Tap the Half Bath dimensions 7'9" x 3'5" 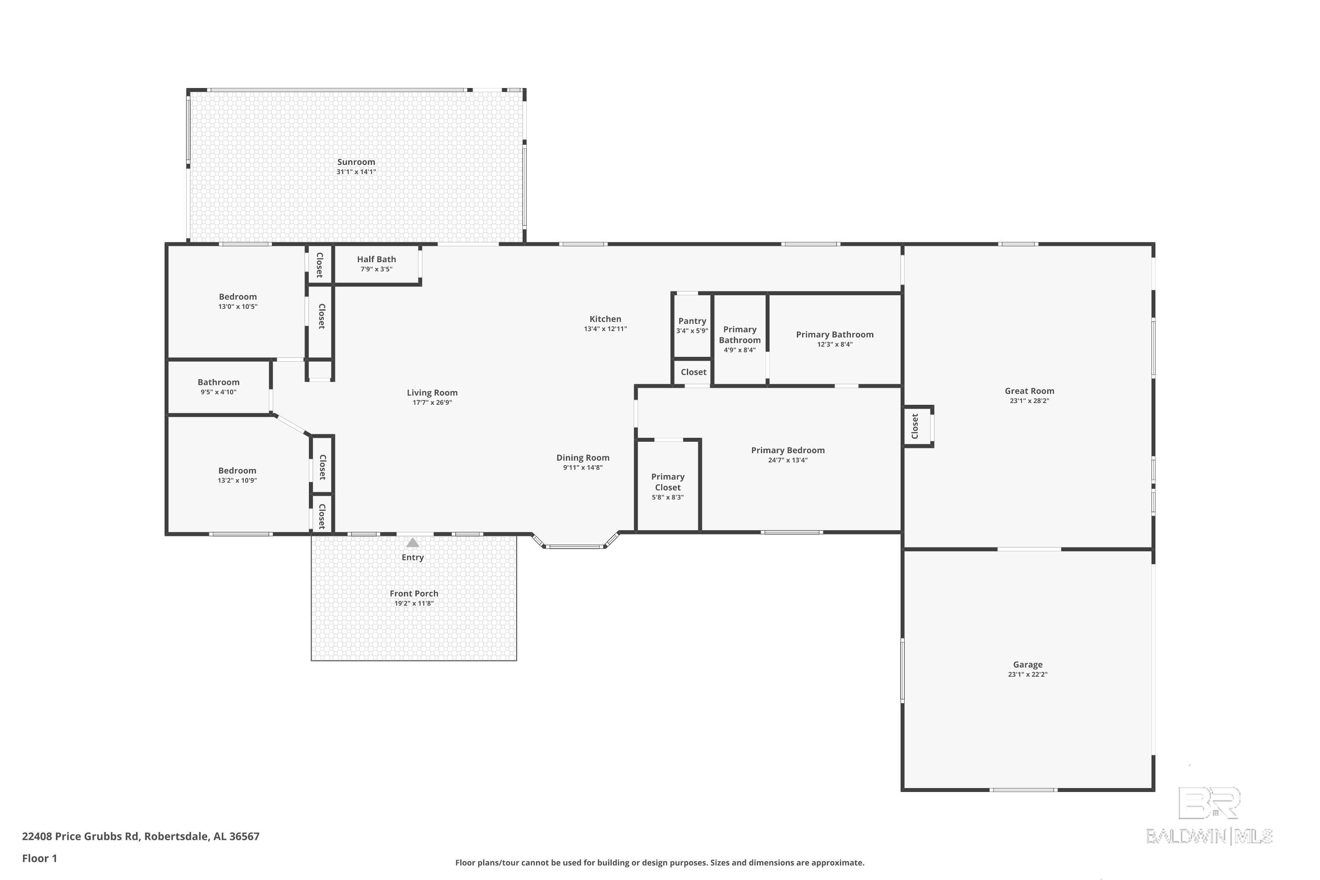pyautogui.click(x=376, y=269)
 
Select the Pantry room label pyautogui.click(x=692, y=321)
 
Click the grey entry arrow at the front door pyautogui.click(x=413, y=542)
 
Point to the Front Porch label pyautogui.click(x=414, y=593)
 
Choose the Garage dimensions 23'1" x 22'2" pyautogui.click(x=1027, y=675)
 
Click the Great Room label pyautogui.click(x=1029, y=391)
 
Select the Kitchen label pyautogui.click(x=605, y=319)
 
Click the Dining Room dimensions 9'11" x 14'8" pyautogui.click(x=583, y=467)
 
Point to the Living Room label pyautogui.click(x=432, y=393)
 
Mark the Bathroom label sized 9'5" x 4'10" pyautogui.click(x=218, y=382)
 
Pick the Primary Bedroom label pyautogui.click(x=788, y=450)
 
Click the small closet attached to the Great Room pyautogui.click(x=917, y=426)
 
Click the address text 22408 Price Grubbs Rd pyautogui.click(x=80, y=836)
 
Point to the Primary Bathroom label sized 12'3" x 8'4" pyautogui.click(x=835, y=334)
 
